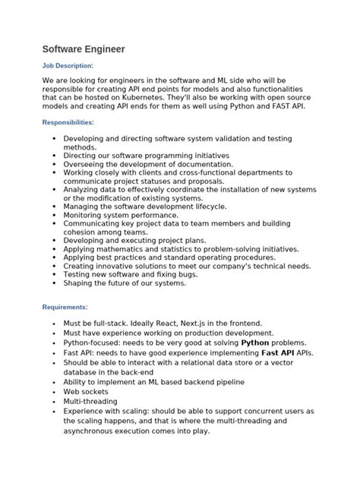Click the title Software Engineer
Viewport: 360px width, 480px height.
click(x=83, y=49)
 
